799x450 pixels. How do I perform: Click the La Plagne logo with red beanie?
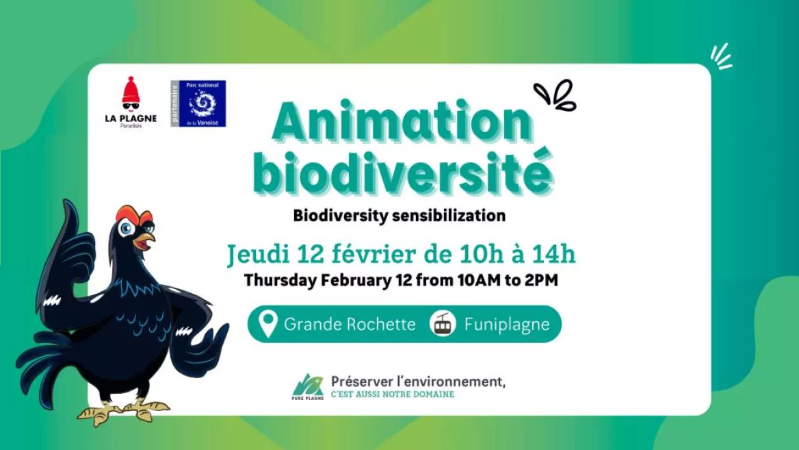click(131, 102)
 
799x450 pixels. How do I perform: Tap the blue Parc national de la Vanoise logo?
click(198, 103)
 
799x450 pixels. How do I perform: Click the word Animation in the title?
click(402, 122)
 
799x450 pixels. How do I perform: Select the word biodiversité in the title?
click(402, 171)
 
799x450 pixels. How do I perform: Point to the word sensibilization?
click(449, 216)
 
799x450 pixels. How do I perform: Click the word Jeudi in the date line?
click(257, 254)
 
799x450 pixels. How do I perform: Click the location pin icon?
click(267, 324)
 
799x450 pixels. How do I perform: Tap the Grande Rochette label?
click(350, 325)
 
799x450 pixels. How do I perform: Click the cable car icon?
click(442, 323)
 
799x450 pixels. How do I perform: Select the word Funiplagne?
click(506, 325)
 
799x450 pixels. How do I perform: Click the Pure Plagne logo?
click(308, 387)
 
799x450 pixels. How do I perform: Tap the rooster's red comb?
click(133, 213)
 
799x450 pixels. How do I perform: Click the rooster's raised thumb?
click(70, 219)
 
